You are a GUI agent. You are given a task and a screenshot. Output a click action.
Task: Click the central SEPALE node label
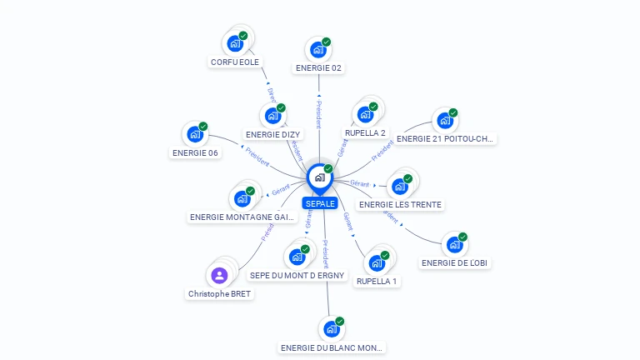pos(320,203)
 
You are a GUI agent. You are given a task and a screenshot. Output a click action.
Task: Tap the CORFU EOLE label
pos(235,62)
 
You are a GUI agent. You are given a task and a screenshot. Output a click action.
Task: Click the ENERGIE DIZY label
pos(273,134)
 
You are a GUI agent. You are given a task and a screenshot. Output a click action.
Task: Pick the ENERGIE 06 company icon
pos(195,134)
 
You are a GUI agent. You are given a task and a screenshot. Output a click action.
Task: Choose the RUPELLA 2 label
pos(365,132)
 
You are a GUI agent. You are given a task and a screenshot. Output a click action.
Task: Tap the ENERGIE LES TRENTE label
pos(400,204)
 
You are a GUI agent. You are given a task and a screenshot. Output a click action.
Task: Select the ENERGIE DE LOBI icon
pos(454,244)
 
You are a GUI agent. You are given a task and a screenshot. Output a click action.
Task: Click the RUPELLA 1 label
pos(377,282)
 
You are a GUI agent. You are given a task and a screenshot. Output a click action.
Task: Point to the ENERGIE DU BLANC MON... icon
pos(332,328)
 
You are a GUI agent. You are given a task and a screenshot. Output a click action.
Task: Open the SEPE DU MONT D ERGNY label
pos(297,275)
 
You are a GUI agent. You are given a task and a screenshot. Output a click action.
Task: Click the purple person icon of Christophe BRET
pos(219,275)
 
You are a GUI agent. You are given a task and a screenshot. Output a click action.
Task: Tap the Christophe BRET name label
pos(219,294)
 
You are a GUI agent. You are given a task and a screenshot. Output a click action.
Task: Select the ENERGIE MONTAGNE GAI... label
pos(242,217)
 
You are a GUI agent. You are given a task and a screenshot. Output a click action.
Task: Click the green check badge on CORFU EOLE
pos(243,36)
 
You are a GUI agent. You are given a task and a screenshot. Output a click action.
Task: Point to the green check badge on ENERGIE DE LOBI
pos(462,237)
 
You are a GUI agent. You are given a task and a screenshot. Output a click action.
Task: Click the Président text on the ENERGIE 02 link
pos(318,114)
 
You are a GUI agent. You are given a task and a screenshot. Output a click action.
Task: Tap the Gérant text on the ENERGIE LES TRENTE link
pos(359,183)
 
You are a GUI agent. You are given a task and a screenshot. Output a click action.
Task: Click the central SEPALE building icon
pos(319,177)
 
